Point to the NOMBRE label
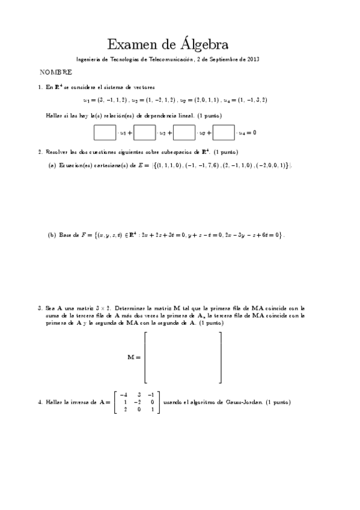point(56,72)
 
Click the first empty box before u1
point(105,132)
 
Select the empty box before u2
point(144,132)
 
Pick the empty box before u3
point(184,132)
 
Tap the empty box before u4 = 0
point(224,132)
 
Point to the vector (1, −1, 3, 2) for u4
point(252,100)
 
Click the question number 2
point(40,152)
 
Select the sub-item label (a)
point(52,165)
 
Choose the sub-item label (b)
point(52,235)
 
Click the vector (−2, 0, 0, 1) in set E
point(271,165)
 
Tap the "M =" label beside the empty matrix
point(133,357)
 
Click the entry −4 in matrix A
point(123,394)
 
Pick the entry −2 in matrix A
point(138,402)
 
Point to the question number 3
point(40,307)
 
